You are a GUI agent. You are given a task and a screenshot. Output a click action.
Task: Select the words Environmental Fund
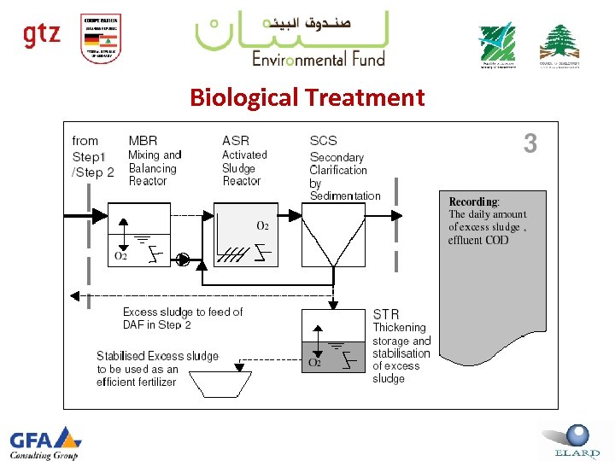point(318,58)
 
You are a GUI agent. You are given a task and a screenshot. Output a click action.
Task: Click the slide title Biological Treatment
point(307,97)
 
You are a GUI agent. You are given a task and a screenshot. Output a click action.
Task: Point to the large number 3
point(530,143)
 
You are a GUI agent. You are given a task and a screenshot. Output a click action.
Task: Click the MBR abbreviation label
point(143,140)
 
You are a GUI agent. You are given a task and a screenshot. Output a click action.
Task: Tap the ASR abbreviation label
point(236,140)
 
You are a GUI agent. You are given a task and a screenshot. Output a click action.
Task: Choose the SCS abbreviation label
point(323,140)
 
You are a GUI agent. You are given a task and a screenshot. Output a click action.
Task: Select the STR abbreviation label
point(385,314)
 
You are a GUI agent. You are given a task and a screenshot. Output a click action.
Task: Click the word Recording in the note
point(474,201)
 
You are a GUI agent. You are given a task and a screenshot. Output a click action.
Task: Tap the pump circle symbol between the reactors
point(182,259)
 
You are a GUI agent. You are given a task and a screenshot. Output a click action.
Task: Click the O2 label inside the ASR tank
point(263,226)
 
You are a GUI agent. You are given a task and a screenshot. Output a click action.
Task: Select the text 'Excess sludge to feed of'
point(182,312)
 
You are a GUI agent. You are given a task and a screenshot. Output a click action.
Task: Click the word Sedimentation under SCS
point(345,195)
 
